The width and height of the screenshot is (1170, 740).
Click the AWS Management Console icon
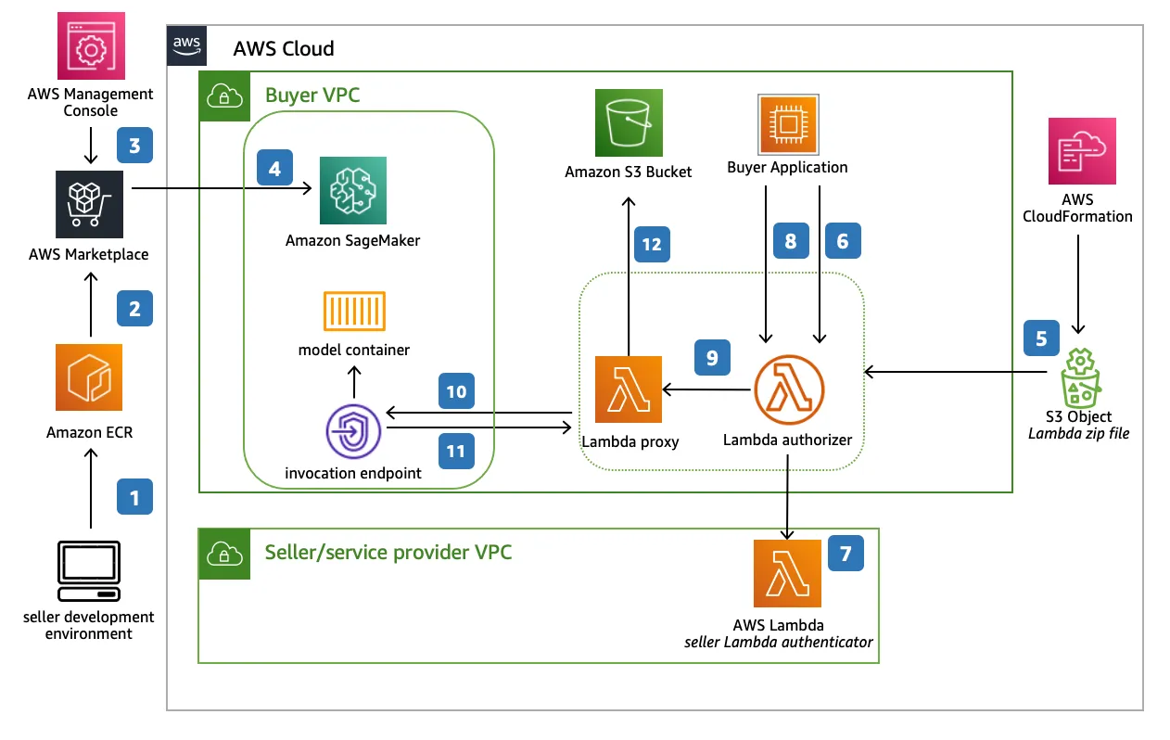pos(90,45)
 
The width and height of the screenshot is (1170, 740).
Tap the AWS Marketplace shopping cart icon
pos(90,202)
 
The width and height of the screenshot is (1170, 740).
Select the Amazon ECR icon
pos(89,377)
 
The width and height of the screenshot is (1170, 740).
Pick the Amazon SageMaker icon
pos(352,191)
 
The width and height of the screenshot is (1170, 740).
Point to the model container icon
pos(353,312)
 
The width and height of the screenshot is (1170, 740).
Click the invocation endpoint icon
pos(353,431)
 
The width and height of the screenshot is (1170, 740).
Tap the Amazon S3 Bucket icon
pos(630,122)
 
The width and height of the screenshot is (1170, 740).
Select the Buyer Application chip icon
pos(787,123)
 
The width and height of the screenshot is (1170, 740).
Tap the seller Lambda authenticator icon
pos(787,573)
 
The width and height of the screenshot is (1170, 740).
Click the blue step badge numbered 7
pos(846,553)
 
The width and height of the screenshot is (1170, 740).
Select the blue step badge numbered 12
pos(652,244)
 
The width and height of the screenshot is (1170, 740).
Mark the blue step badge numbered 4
pos(274,170)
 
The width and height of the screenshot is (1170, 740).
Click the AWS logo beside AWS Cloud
pos(186,45)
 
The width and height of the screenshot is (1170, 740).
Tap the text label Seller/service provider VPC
pos(388,553)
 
